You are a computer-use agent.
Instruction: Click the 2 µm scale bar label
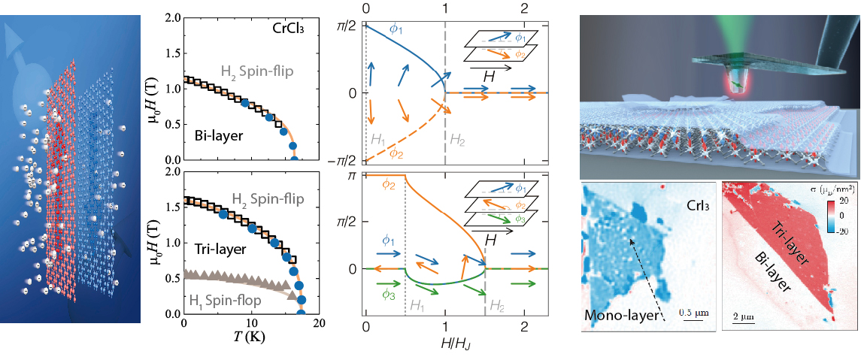tap(745, 316)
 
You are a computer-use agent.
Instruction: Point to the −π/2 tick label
tap(341, 160)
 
